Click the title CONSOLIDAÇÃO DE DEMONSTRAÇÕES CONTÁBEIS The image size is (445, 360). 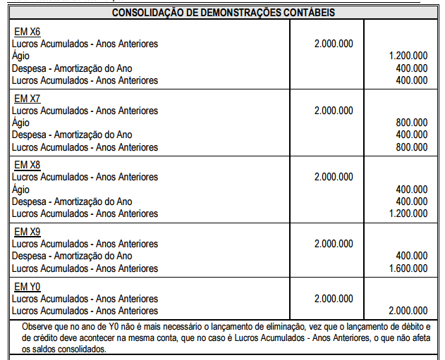(x=223, y=13)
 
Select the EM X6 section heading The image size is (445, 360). (x=28, y=32)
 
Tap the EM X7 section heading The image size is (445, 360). (x=28, y=99)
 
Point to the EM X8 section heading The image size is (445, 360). (x=28, y=165)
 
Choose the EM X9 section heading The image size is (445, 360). (x=28, y=232)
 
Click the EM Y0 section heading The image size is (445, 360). (x=28, y=287)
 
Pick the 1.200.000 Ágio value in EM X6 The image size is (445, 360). (x=408, y=56)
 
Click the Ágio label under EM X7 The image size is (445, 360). (x=21, y=123)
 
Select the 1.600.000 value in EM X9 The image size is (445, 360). (x=408, y=268)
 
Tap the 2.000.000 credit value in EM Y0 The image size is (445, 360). (x=408, y=311)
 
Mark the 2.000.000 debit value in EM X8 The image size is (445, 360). (x=334, y=177)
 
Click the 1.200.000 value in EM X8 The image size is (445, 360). (x=408, y=213)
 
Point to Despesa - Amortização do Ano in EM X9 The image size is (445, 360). (x=72, y=256)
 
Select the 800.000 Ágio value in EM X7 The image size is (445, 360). (x=412, y=123)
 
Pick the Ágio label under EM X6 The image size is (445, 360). (x=21, y=56)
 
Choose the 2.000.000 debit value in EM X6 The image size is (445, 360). (x=334, y=44)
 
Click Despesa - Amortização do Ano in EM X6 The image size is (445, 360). (x=72, y=68)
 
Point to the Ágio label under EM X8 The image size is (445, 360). (x=21, y=190)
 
